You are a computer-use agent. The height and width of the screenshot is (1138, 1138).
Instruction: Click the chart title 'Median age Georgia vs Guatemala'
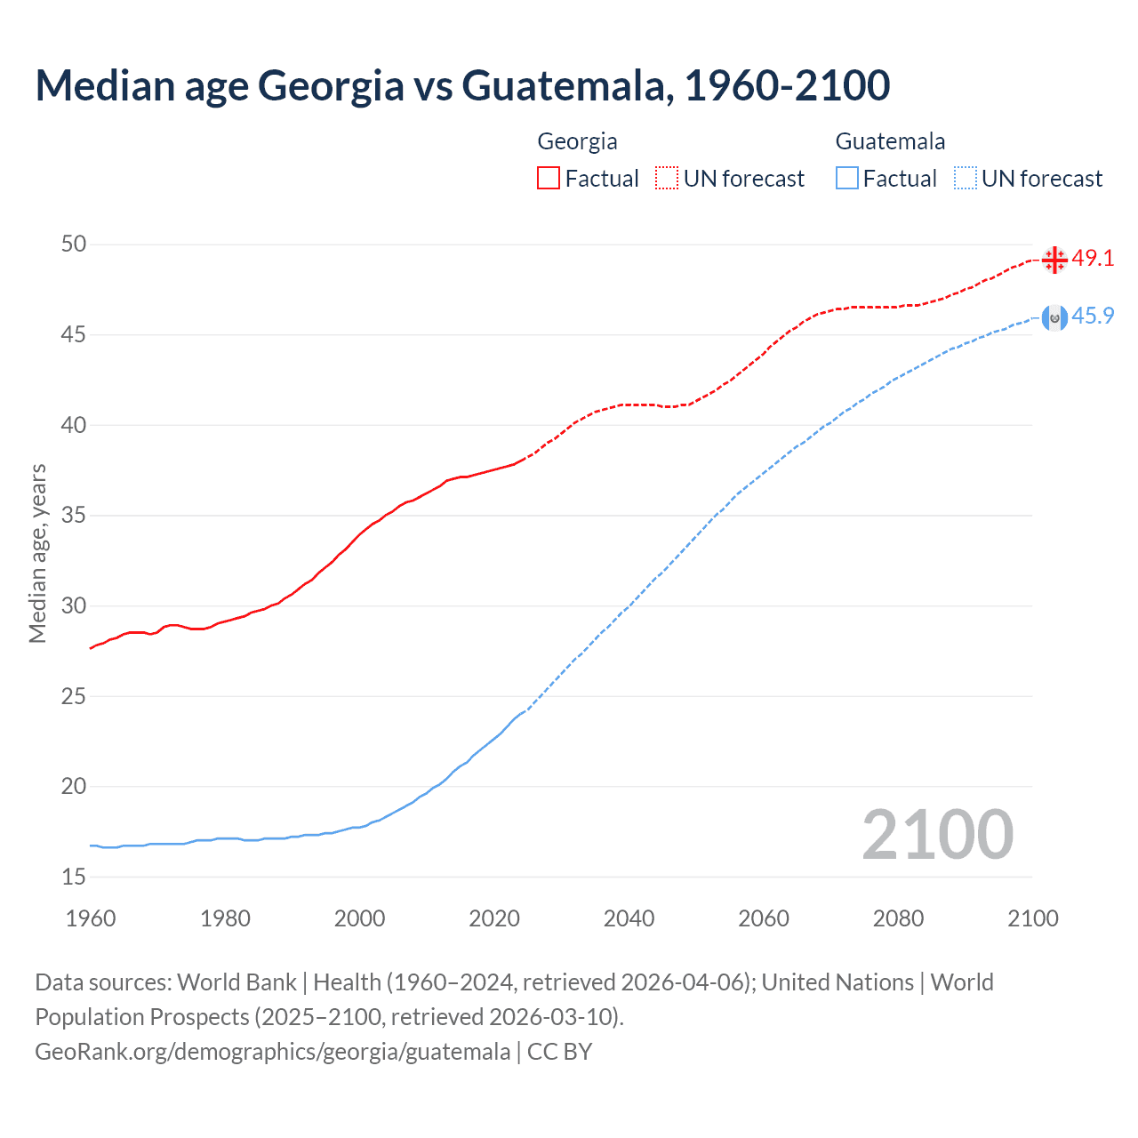pyautogui.click(x=462, y=85)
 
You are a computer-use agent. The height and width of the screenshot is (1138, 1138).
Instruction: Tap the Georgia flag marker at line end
pyautogui.click(x=1054, y=260)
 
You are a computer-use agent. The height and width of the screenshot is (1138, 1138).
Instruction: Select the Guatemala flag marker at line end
pyautogui.click(x=1054, y=317)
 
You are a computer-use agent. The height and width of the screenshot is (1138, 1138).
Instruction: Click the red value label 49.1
pyautogui.click(x=1093, y=259)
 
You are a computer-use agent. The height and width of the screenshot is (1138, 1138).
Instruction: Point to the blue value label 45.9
pyautogui.click(x=1093, y=317)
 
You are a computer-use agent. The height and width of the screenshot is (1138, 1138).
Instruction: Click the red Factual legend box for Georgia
pyautogui.click(x=549, y=179)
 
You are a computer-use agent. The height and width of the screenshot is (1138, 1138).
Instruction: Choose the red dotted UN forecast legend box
pyautogui.click(x=667, y=179)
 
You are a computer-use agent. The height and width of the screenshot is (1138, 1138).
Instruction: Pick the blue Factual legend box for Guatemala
pyautogui.click(x=847, y=179)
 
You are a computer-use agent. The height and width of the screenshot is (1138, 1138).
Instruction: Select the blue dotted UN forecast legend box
pyautogui.click(x=966, y=179)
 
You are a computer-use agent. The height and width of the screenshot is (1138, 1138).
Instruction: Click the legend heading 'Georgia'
pyautogui.click(x=577, y=141)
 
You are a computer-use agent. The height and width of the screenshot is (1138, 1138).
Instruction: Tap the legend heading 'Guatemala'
pyautogui.click(x=890, y=141)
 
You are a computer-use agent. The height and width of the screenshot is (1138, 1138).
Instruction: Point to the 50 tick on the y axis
pyautogui.click(x=74, y=244)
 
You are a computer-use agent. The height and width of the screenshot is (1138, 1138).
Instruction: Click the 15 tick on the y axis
pyautogui.click(x=74, y=877)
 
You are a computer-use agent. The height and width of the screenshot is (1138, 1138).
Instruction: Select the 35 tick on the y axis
pyautogui.click(x=74, y=516)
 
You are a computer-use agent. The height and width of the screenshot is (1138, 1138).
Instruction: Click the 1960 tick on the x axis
pyautogui.click(x=91, y=918)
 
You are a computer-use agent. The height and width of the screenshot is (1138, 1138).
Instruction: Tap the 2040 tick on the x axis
pyautogui.click(x=629, y=918)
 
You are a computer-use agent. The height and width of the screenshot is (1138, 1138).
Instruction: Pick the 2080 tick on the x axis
pyautogui.click(x=898, y=918)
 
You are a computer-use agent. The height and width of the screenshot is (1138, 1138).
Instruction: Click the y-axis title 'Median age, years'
pyautogui.click(x=37, y=553)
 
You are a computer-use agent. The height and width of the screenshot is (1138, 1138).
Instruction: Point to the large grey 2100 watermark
pyautogui.click(x=937, y=835)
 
